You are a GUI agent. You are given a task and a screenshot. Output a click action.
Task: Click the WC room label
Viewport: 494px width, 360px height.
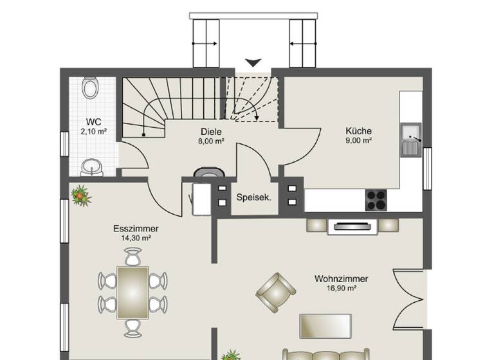coord(93,122)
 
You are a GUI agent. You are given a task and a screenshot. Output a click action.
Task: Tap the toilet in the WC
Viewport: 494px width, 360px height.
coord(91,87)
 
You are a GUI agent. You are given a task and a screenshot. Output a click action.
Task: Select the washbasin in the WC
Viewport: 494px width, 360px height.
coord(91,168)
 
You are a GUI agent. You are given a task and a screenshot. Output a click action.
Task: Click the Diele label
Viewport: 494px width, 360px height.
coord(210,132)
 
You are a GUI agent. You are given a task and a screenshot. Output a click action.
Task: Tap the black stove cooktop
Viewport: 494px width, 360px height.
coord(376,200)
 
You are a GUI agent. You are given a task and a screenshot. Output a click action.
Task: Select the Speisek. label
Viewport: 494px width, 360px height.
coord(253,197)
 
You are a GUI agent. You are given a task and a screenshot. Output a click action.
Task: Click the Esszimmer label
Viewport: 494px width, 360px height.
coord(136,229)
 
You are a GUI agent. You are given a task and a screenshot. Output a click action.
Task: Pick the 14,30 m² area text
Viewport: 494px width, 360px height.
coord(136,238)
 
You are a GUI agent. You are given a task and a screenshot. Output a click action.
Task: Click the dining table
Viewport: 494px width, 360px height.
coord(133,292)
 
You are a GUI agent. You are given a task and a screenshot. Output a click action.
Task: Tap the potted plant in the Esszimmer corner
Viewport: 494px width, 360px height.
coord(81,195)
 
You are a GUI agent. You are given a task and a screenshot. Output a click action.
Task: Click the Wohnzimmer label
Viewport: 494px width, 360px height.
coord(341,279)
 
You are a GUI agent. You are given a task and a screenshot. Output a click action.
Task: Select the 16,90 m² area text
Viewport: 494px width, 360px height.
coord(341,289)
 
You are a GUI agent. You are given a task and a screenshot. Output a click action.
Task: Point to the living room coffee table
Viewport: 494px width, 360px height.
coord(325,326)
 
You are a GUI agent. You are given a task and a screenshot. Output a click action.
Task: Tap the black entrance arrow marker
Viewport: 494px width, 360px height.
coord(253,62)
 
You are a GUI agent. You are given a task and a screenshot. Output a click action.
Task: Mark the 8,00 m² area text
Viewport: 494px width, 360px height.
coord(210,141)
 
